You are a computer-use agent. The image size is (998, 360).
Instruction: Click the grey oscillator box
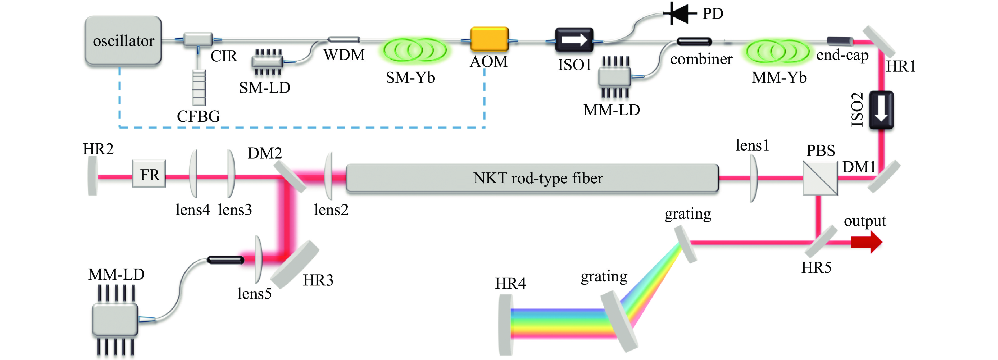[x=123, y=40]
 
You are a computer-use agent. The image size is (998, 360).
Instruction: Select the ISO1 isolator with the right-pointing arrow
[x=574, y=40]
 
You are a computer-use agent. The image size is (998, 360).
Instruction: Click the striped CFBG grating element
[x=199, y=88]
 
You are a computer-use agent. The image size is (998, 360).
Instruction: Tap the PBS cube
[x=820, y=178]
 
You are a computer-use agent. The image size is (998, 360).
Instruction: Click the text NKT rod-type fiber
[x=538, y=178]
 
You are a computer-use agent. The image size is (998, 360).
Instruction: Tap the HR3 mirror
[x=295, y=264]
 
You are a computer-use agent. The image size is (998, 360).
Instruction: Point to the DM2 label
[x=265, y=154]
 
